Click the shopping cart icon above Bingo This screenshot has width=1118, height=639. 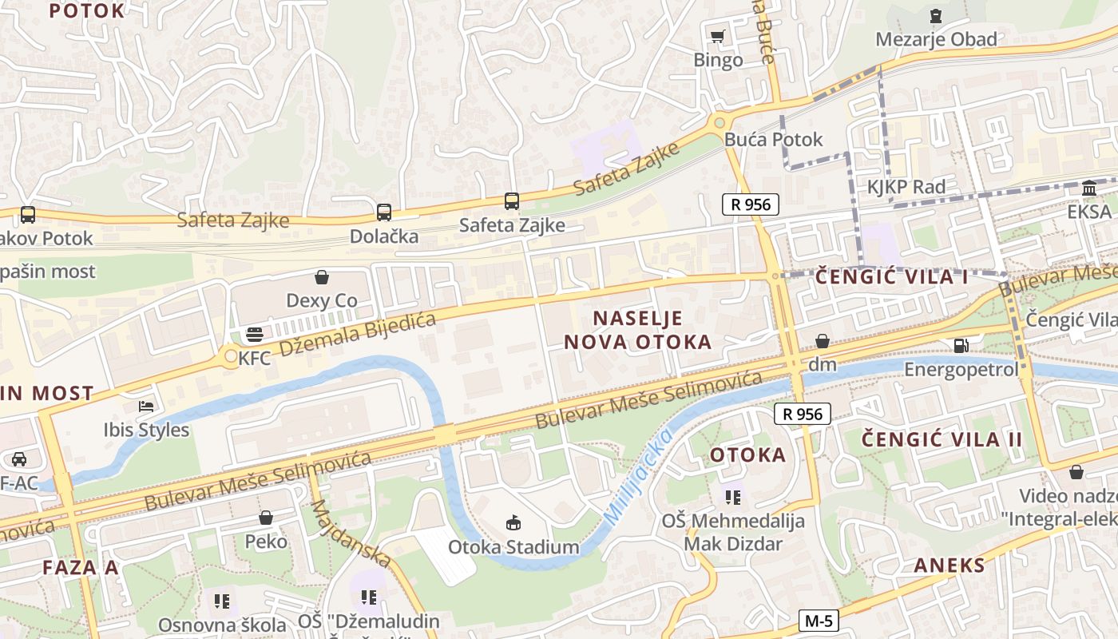click(x=717, y=36)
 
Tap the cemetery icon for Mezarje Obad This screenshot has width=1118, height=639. click(x=936, y=15)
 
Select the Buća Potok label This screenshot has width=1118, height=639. click(x=773, y=140)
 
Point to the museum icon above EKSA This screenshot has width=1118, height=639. click(x=1088, y=189)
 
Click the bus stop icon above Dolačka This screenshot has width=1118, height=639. click(x=384, y=212)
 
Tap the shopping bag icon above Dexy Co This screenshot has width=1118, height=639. click(x=322, y=277)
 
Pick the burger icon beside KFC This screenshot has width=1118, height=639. click(x=255, y=334)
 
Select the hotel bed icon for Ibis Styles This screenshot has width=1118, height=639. click(x=146, y=407)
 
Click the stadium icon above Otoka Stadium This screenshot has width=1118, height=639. click(x=513, y=523)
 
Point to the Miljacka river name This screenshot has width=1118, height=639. click(x=636, y=477)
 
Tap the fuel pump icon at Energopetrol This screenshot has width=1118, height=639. click(x=961, y=346)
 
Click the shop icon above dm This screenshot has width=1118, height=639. click(x=823, y=341)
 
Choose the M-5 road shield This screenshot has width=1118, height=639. click(x=819, y=621)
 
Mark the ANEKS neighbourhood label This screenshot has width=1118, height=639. click(x=950, y=566)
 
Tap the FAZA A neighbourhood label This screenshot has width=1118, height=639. click(x=80, y=568)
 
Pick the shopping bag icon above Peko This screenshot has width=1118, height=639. click(x=266, y=518)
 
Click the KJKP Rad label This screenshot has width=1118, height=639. click(x=906, y=187)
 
